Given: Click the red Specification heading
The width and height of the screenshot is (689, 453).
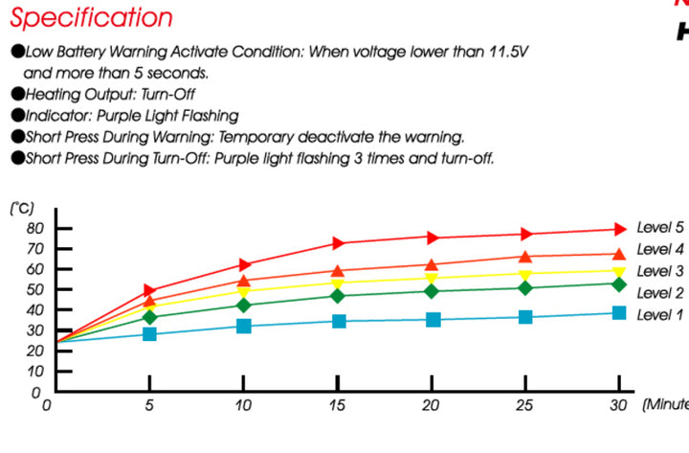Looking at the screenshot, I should pyautogui.click(x=92, y=17).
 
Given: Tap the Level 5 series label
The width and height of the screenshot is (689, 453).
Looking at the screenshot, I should pyautogui.click(x=660, y=228).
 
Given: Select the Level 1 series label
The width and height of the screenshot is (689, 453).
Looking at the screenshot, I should pyautogui.click(x=660, y=314).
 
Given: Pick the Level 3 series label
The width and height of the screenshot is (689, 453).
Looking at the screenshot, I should pyautogui.click(x=660, y=271).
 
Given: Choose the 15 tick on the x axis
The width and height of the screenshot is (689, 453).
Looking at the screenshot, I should pyautogui.click(x=338, y=405).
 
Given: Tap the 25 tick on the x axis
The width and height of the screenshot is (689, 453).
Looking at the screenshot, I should pyautogui.click(x=525, y=405).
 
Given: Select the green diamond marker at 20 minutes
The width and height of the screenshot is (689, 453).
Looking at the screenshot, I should pyautogui.click(x=433, y=291).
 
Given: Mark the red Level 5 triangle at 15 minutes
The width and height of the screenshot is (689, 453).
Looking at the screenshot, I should pyautogui.click(x=339, y=242).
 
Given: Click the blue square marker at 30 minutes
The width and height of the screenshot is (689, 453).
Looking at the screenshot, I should pyautogui.click(x=619, y=312).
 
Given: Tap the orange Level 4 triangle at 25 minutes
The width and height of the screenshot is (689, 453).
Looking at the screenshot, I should pyautogui.click(x=525, y=257).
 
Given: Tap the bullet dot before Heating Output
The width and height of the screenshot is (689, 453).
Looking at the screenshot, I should pyautogui.click(x=16, y=95).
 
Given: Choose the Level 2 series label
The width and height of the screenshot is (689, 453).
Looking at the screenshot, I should pyautogui.click(x=660, y=293).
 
